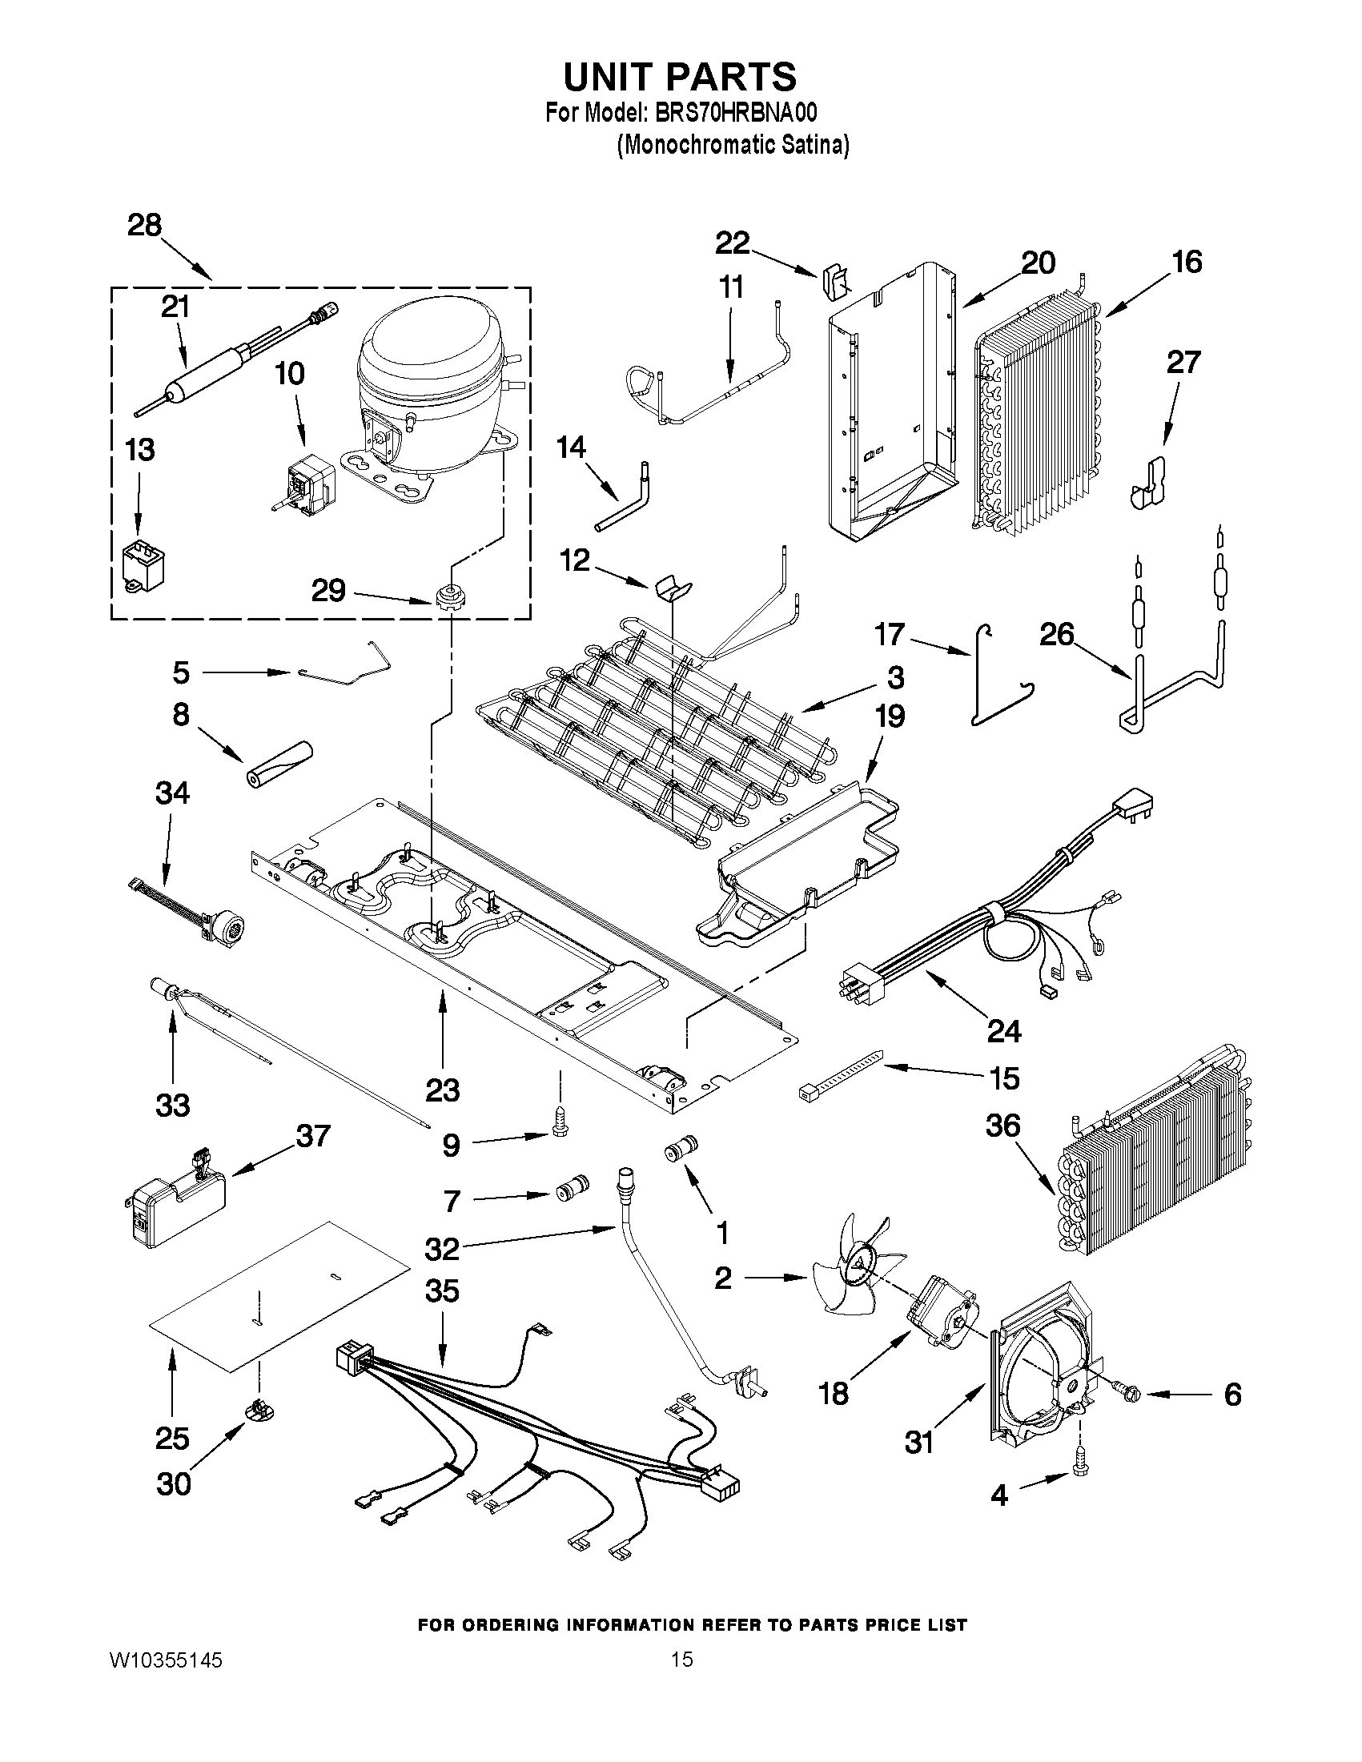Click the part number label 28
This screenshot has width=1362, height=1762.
[144, 225]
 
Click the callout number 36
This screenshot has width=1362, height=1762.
[1003, 1126]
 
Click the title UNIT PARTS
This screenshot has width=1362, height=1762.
[679, 77]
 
